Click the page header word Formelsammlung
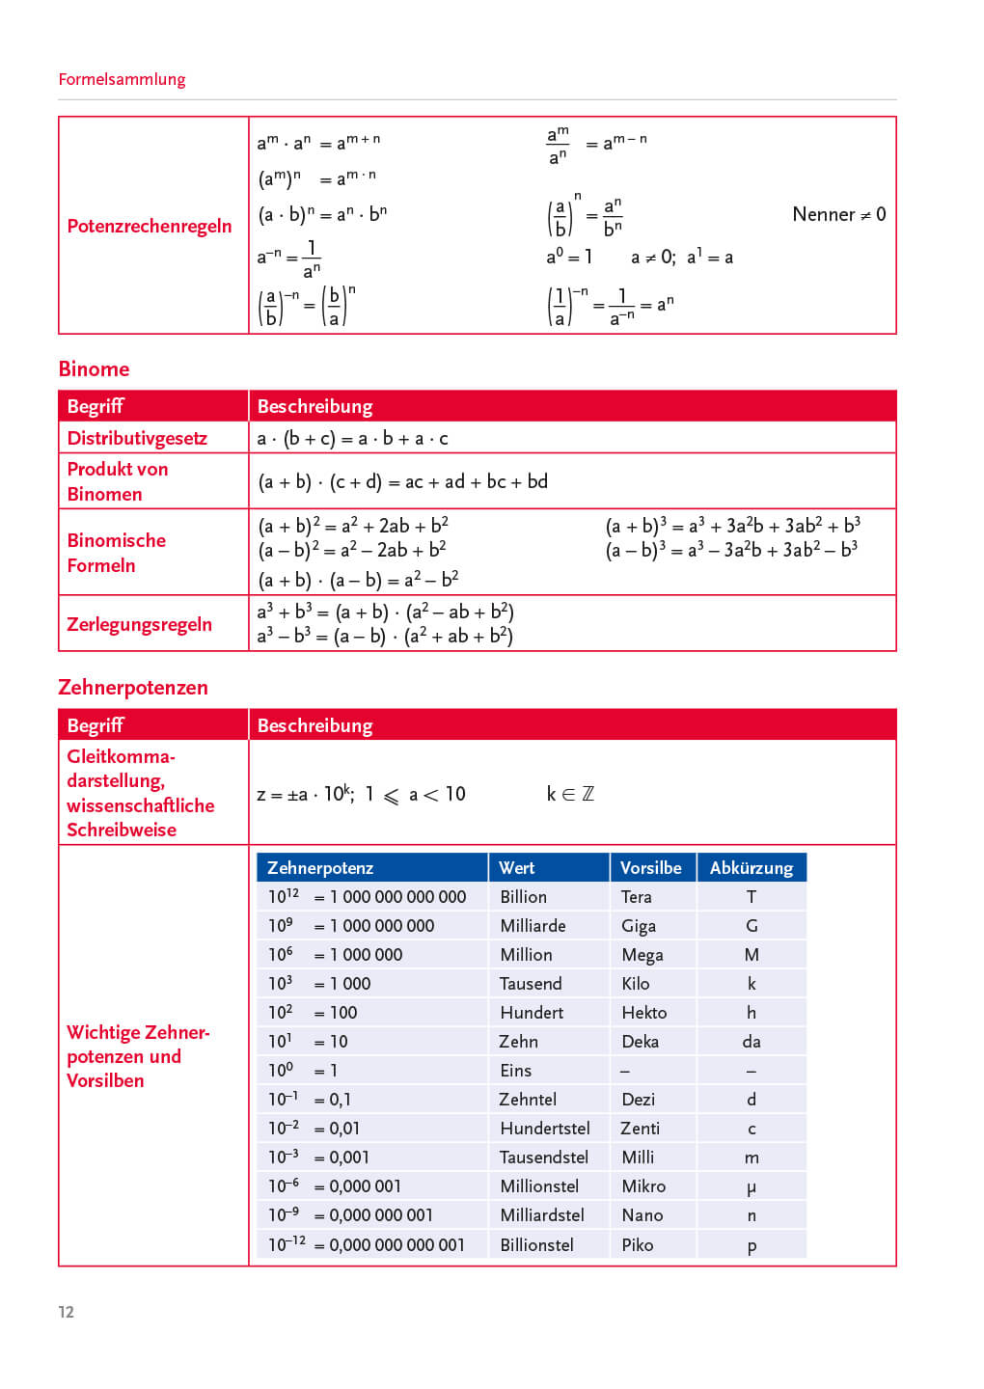pyautogui.click(x=122, y=79)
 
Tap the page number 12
pyautogui.click(x=66, y=1312)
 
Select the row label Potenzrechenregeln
pyautogui.click(x=150, y=226)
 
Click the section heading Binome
pyautogui.click(x=94, y=368)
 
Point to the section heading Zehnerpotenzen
pyautogui.click(x=133, y=687)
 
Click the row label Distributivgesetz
pyautogui.click(x=137, y=438)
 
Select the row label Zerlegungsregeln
pyautogui.click(x=139, y=624)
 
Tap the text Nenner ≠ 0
pyautogui.click(x=838, y=214)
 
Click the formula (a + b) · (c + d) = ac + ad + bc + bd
pyautogui.click(x=402, y=481)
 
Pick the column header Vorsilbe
pyautogui.click(x=650, y=867)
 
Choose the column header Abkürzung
pyautogui.click(x=751, y=867)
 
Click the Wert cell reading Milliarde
pyautogui.click(x=533, y=925)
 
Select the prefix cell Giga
pyautogui.click(x=639, y=925)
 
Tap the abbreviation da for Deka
pyautogui.click(x=752, y=1041)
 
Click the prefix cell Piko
pyautogui.click(x=638, y=1244)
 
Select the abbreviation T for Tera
pyautogui.click(x=752, y=896)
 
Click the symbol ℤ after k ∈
pyautogui.click(x=588, y=794)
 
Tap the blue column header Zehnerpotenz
pyautogui.click(x=320, y=867)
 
